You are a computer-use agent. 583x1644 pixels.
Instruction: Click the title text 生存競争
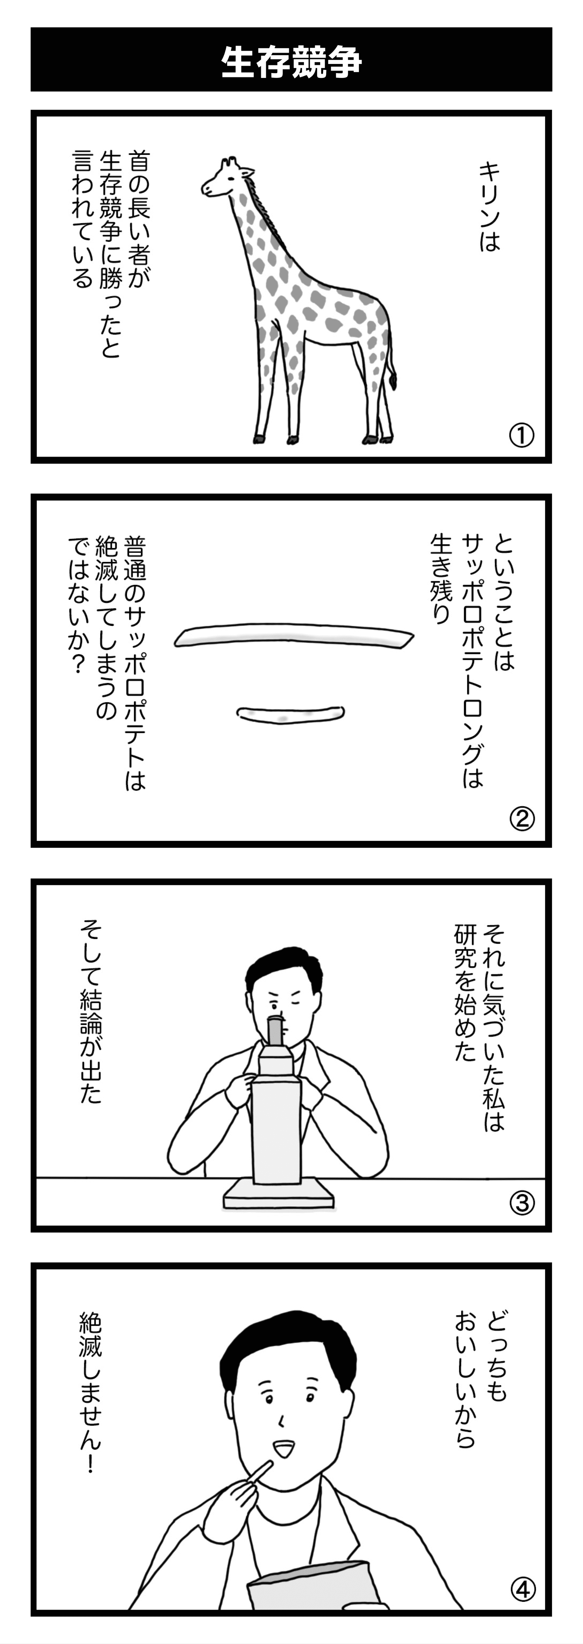point(291,62)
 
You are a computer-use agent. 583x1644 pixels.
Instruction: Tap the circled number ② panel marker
point(522,818)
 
